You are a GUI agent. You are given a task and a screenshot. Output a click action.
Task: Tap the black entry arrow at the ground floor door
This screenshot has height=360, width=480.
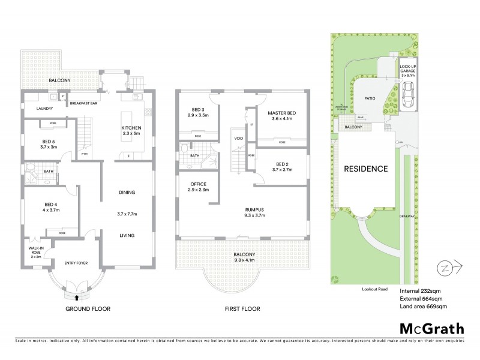point(76,295)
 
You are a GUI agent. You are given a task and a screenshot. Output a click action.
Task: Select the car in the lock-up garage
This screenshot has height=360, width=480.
point(409,94)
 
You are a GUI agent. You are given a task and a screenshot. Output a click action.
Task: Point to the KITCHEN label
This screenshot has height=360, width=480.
point(131,128)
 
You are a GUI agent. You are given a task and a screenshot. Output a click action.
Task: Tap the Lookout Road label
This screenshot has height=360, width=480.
point(374,289)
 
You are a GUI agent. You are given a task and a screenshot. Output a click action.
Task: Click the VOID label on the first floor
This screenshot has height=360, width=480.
point(238,137)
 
